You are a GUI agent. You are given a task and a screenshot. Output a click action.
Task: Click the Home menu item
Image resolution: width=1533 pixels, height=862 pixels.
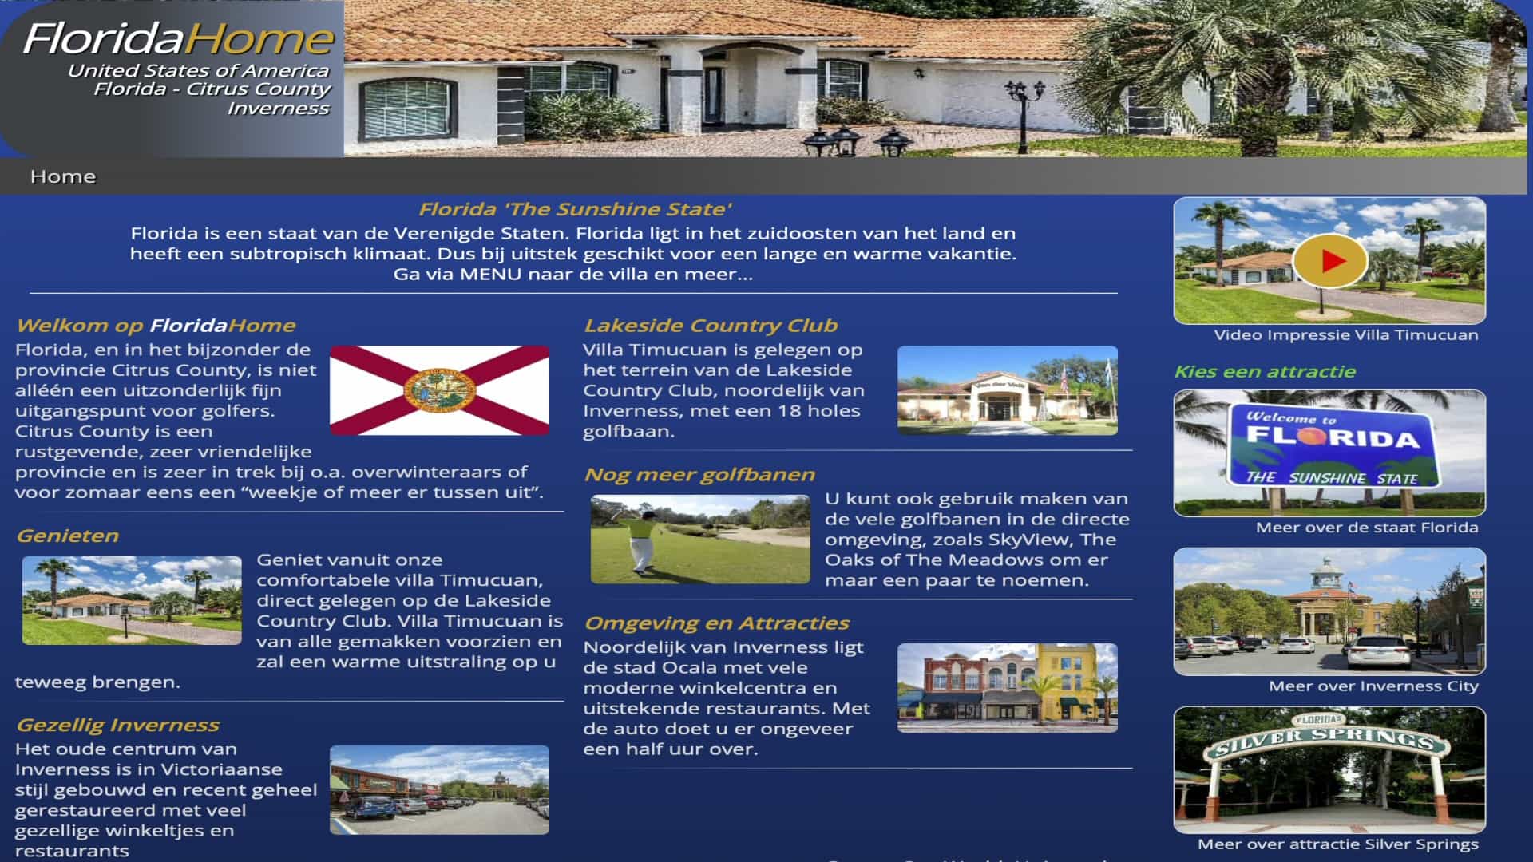[x=63, y=176]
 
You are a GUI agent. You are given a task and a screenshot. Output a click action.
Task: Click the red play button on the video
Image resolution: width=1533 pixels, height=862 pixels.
[x=1330, y=261]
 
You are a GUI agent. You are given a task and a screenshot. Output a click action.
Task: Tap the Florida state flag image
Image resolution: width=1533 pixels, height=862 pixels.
[x=439, y=390]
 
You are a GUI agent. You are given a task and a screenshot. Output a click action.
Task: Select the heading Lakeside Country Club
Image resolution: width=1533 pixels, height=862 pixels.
[x=711, y=326]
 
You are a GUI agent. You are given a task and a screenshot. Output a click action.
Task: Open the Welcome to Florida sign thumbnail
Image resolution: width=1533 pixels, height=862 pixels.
[x=1329, y=453]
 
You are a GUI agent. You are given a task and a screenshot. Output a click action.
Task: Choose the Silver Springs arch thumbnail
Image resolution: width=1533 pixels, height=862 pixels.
[x=1329, y=769]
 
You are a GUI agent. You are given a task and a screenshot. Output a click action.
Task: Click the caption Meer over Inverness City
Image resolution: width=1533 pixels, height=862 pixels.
[x=1373, y=686]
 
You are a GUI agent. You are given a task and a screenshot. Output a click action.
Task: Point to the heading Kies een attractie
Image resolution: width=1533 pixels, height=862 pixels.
[x=1265, y=372]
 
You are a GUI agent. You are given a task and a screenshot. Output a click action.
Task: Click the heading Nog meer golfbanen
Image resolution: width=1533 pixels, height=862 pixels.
[x=699, y=475]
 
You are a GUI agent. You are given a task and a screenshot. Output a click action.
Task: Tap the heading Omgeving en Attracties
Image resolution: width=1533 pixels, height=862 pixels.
[x=716, y=623]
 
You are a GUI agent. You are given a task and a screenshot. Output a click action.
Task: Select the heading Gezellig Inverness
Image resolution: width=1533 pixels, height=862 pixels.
[x=117, y=726]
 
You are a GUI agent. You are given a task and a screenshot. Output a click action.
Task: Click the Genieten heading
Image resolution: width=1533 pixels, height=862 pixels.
[x=68, y=536]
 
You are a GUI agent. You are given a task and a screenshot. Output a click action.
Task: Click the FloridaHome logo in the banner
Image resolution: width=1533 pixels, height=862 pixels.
[x=178, y=38]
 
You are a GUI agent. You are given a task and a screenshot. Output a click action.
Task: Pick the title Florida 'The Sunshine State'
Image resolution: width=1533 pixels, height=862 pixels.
[x=575, y=210]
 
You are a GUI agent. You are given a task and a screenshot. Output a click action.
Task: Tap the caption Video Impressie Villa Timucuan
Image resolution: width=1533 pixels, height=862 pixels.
[x=1345, y=335]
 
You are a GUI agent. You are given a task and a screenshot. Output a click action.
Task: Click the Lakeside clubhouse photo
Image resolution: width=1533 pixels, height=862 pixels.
[x=1007, y=390]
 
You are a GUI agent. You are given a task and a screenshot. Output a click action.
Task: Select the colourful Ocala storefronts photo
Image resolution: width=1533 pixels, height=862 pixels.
[x=1007, y=688]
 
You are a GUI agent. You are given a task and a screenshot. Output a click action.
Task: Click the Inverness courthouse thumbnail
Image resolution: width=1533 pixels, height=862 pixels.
[x=1329, y=611]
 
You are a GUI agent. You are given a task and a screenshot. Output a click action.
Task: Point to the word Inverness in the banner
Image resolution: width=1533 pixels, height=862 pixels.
[x=278, y=109]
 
